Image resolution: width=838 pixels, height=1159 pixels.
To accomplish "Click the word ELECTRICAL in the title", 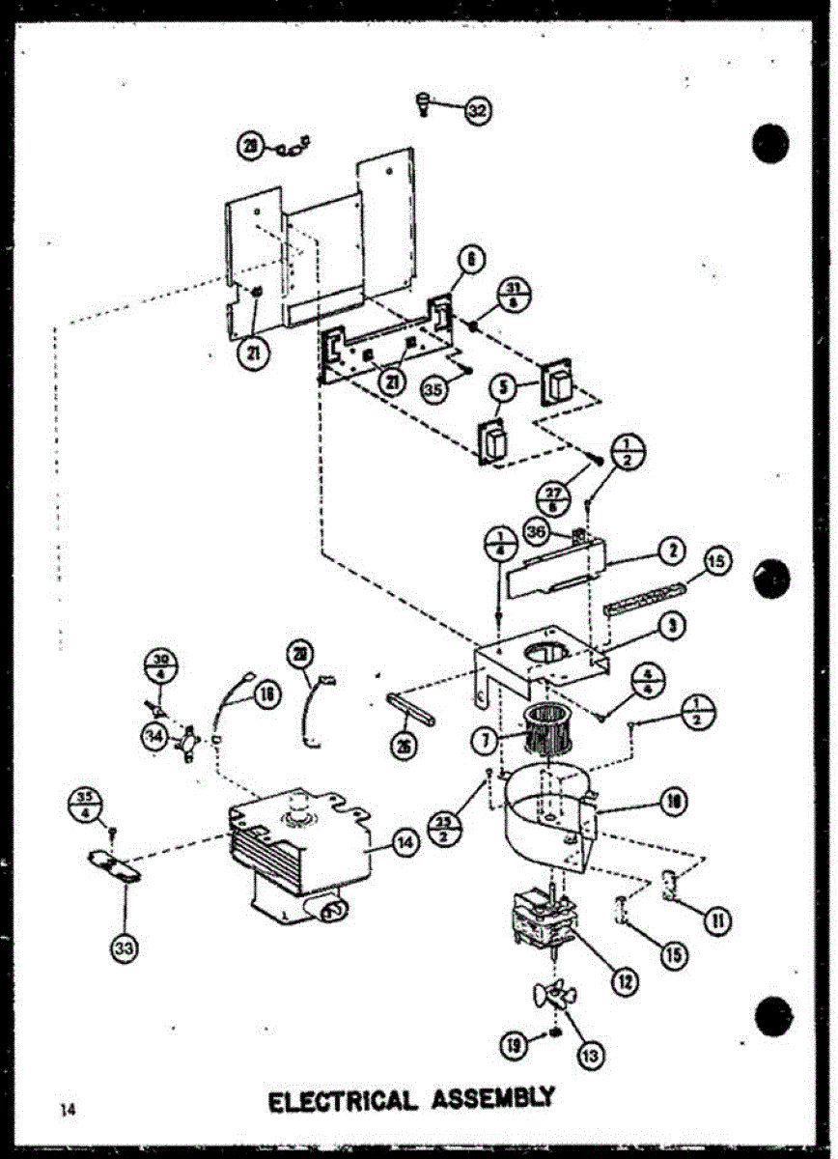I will pos(344,1100).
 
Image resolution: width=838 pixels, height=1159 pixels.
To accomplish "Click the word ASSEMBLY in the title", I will pos(494,1098).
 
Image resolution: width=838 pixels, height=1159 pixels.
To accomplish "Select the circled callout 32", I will pos(476,111).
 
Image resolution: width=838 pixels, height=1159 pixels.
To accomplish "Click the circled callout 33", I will pos(124,949).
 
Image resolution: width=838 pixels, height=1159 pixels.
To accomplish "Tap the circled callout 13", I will pos(592,1056).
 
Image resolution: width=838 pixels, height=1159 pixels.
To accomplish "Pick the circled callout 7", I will pos(484,744).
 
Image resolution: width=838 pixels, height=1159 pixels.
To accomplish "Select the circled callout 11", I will pos(716,919).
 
